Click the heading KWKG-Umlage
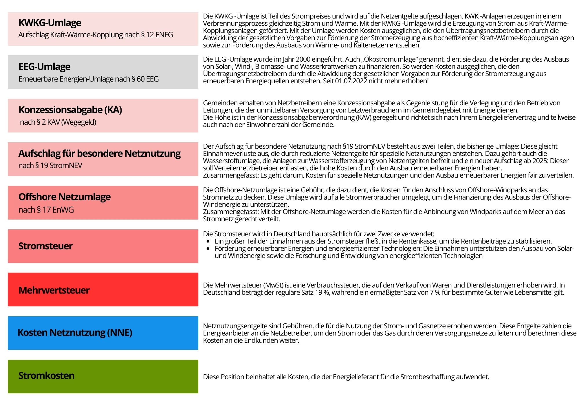coord(50,23)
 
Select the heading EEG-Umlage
coord(44,67)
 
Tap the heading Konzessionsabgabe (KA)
coord(70,110)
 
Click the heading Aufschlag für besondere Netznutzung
coord(99,153)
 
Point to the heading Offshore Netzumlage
coord(65,197)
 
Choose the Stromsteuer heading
coord(45,246)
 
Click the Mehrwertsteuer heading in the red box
coord(54,290)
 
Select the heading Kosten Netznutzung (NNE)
coord(75,333)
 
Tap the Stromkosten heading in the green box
coord(46,376)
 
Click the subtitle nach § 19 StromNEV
coord(50,166)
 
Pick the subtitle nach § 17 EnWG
coord(46,210)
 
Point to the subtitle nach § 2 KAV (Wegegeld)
coord(58,122)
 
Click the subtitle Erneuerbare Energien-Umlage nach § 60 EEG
coord(89,79)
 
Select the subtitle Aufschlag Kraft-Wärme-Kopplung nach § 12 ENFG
coord(96,35)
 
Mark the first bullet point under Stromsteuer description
coord(208,241)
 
